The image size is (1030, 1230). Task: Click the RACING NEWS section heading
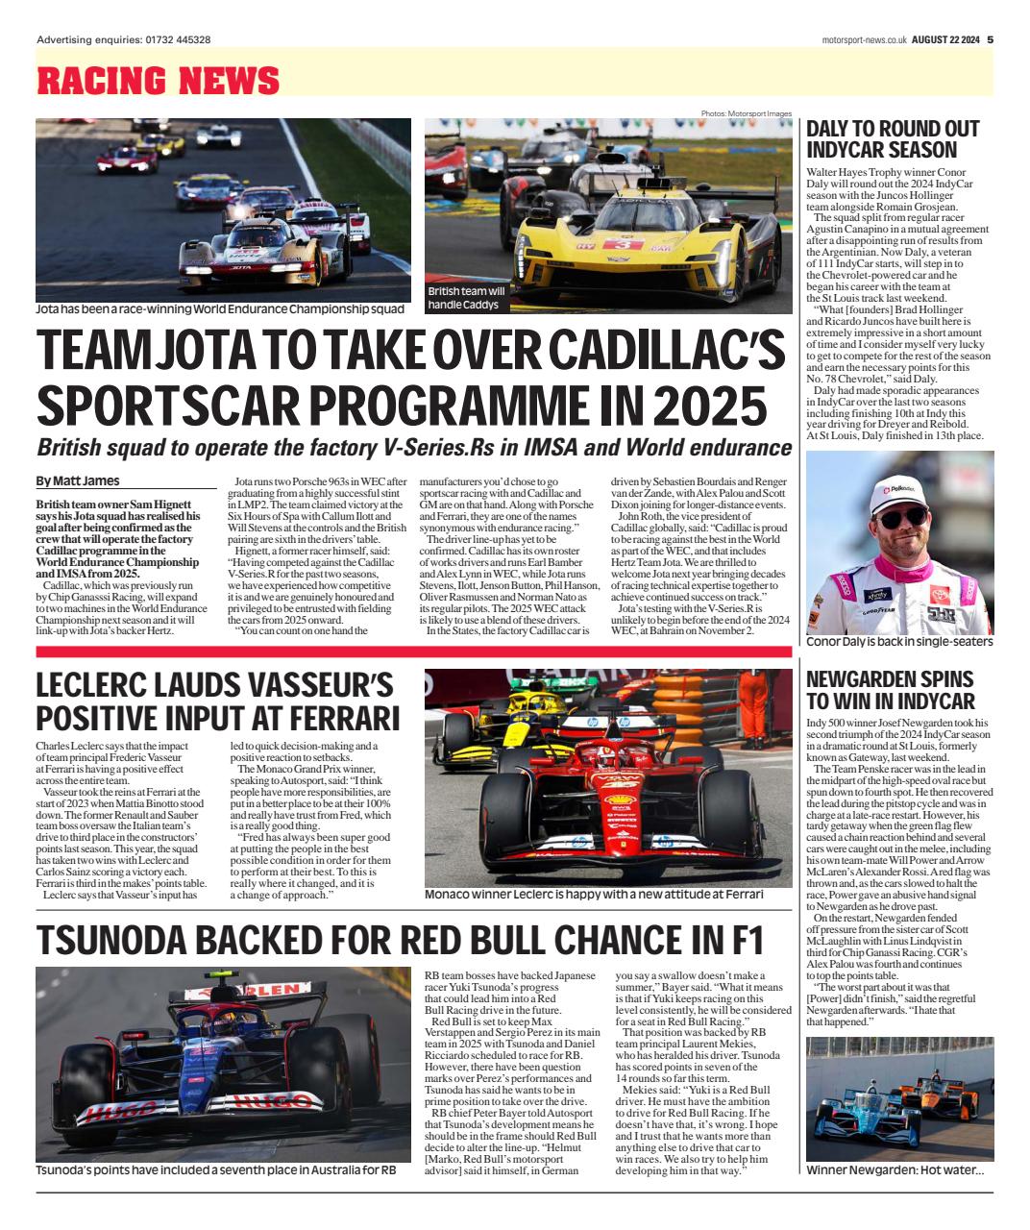click(144, 81)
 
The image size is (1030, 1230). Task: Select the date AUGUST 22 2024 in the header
click(944, 39)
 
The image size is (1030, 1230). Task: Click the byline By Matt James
click(78, 481)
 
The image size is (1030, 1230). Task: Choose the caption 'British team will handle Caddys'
click(466, 297)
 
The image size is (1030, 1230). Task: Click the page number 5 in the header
click(990, 39)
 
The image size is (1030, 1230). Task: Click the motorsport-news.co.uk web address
click(865, 39)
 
